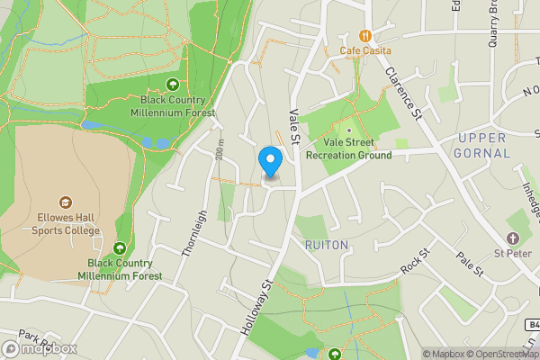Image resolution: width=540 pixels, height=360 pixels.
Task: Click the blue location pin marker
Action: pos(270,161)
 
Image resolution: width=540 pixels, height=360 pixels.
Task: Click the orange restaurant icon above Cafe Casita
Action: pos(365,36)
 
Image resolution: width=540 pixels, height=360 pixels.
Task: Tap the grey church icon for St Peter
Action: pos(513,238)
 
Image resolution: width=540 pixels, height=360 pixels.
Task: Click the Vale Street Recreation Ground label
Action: pos(349,148)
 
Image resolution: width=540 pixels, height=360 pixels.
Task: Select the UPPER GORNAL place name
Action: pos(483,146)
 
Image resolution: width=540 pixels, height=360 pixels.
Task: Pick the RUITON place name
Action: pos(326,245)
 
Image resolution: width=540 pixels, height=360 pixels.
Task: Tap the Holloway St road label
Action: pos(256,308)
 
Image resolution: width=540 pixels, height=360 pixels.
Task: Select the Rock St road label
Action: pos(414,264)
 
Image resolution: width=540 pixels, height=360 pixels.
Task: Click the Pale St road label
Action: pos(470,265)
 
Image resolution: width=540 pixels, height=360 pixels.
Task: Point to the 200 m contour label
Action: pos(221,154)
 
